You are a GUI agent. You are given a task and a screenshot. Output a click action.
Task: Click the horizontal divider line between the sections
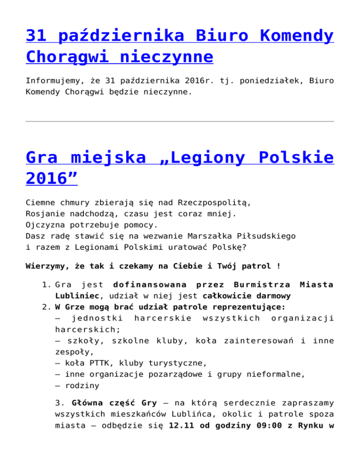pyautogui.click(x=180, y=121)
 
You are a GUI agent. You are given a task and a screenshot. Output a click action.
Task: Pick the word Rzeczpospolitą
pyautogui.click(x=215, y=203)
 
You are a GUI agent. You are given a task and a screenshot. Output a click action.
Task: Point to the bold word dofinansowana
pyautogui.click(x=142, y=285)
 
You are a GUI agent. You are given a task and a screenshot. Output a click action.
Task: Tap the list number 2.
pyautogui.click(x=46, y=307)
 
